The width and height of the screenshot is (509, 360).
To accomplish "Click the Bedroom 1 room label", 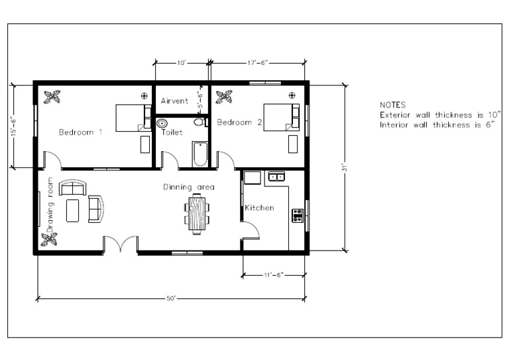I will click(x=80, y=132).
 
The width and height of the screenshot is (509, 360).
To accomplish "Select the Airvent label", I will click(x=175, y=101).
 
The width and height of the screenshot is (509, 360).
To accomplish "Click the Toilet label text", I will click(x=172, y=133).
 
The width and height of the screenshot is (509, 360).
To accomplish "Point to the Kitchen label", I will click(x=259, y=208).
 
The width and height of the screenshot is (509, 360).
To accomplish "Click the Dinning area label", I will click(x=189, y=188).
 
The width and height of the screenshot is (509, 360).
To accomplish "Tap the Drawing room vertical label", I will click(x=50, y=199).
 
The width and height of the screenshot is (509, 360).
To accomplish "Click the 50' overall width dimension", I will click(x=170, y=299).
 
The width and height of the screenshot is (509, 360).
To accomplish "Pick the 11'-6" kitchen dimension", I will click(x=273, y=274).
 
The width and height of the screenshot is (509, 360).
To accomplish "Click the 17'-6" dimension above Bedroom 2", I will click(x=256, y=63).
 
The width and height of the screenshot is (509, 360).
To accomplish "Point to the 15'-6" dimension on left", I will click(x=13, y=126).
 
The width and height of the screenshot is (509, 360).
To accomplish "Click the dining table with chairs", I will click(x=197, y=213).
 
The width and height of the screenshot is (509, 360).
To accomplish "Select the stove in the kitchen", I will click(x=298, y=215).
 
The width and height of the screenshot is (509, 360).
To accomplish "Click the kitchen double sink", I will click(x=275, y=176).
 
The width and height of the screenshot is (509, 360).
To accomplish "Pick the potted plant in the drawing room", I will click(x=50, y=239).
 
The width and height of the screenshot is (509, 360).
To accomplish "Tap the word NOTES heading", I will click(x=392, y=105).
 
